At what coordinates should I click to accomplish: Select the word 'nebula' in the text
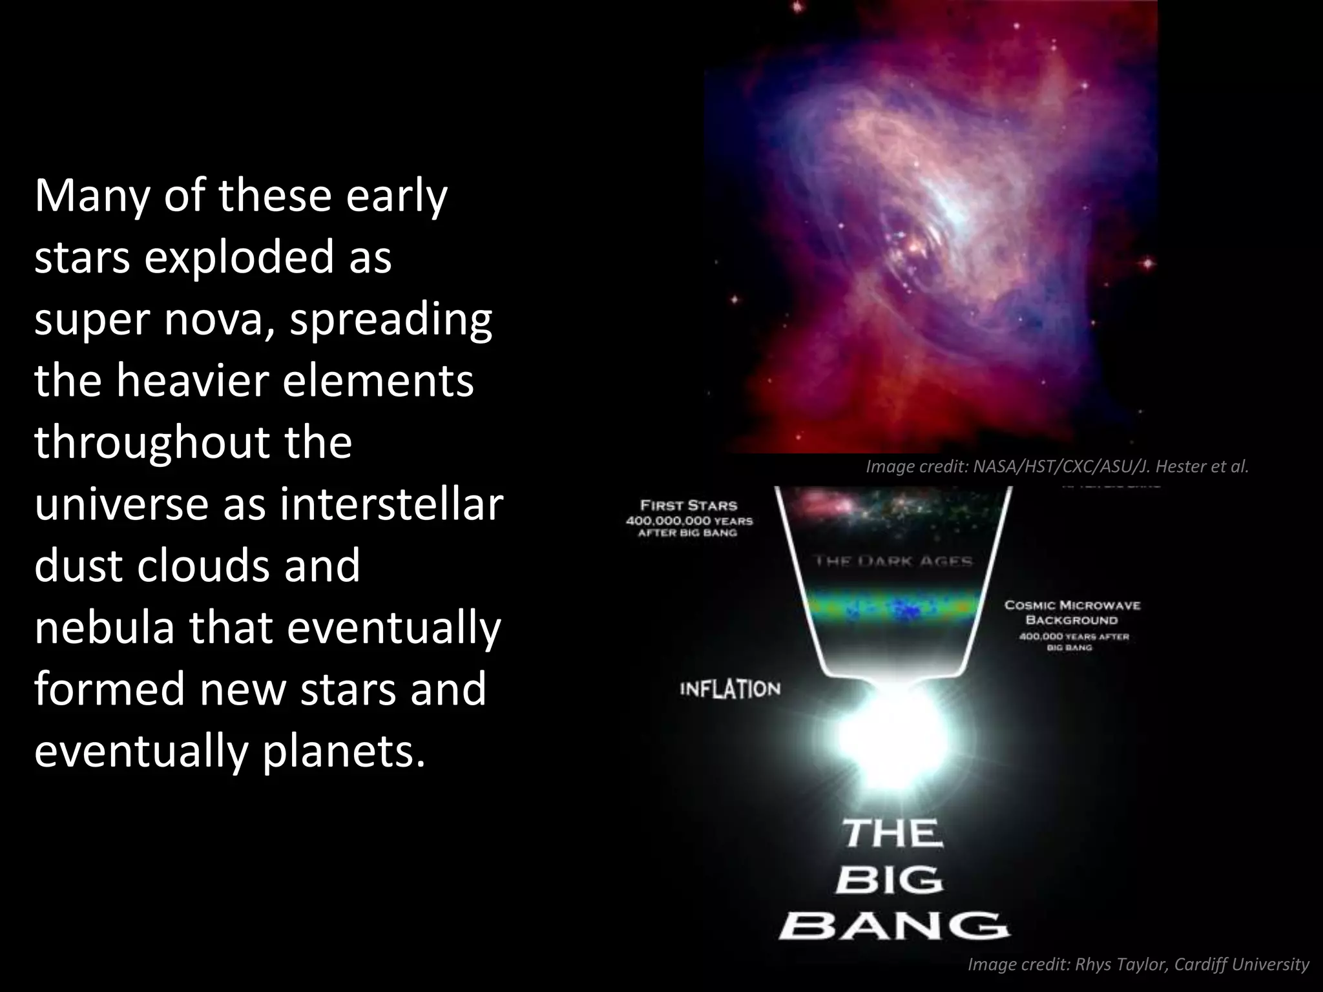pyautogui.click(x=104, y=627)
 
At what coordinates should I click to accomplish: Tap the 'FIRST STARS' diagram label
pyautogui.click(x=689, y=506)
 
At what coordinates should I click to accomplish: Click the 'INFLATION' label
pyautogui.click(x=730, y=689)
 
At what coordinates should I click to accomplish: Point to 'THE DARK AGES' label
pyautogui.click(x=894, y=561)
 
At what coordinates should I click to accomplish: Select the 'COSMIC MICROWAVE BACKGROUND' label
pyautogui.click(x=1072, y=613)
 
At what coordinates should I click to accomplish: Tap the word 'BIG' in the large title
pyautogui.click(x=890, y=880)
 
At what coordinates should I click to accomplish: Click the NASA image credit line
pyautogui.click(x=1057, y=466)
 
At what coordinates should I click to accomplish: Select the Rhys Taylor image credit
pyautogui.click(x=1138, y=965)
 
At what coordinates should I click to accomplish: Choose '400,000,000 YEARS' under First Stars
pyautogui.click(x=689, y=521)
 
